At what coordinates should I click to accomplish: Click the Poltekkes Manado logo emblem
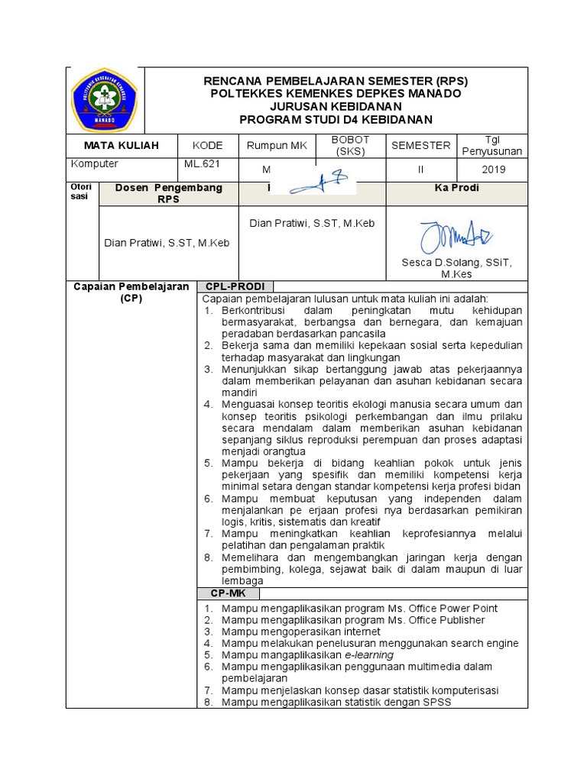coord(104,100)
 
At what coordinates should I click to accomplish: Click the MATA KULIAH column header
coord(122,145)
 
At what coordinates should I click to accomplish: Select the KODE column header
coord(208,145)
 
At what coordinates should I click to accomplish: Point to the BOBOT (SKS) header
coord(350,145)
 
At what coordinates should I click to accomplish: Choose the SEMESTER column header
coord(421,145)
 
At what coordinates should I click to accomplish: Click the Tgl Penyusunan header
coord(491,145)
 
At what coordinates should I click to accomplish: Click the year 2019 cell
coord(493,170)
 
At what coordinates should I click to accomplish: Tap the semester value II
coord(420,170)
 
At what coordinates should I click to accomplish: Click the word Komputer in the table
coord(95,163)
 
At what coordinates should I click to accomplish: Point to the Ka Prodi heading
coord(456,188)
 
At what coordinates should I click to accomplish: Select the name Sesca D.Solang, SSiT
coord(457,262)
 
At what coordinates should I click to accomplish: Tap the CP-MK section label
coord(229,593)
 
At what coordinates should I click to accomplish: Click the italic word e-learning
coord(368,654)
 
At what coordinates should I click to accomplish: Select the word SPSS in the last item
coord(437,702)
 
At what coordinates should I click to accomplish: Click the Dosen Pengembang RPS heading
coord(168,193)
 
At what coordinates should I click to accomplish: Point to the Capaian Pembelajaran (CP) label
coord(131,292)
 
